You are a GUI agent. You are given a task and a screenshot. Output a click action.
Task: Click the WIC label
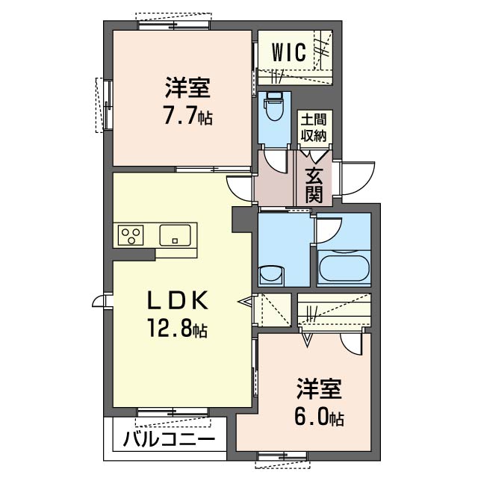(x=288, y=52)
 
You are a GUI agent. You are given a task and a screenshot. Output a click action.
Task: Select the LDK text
(x=178, y=300)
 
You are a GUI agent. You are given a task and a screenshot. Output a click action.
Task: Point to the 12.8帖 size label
(x=178, y=328)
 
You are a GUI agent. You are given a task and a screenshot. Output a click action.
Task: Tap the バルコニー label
(x=170, y=439)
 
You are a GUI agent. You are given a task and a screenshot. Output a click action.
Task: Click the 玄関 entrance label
(x=314, y=185)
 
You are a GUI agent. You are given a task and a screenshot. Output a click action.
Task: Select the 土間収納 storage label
(x=314, y=128)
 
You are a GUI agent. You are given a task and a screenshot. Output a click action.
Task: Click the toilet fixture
(x=274, y=108)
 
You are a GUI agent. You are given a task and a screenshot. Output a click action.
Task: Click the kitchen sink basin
(x=176, y=235)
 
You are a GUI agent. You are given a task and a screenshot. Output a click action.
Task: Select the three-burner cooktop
(x=131, y=235)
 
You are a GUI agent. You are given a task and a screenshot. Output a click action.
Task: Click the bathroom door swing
(x=329, y=231)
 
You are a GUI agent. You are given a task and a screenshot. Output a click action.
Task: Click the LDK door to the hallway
(x=240, y=189)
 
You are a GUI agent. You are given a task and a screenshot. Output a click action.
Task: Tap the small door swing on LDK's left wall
(x=98, y=302)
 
